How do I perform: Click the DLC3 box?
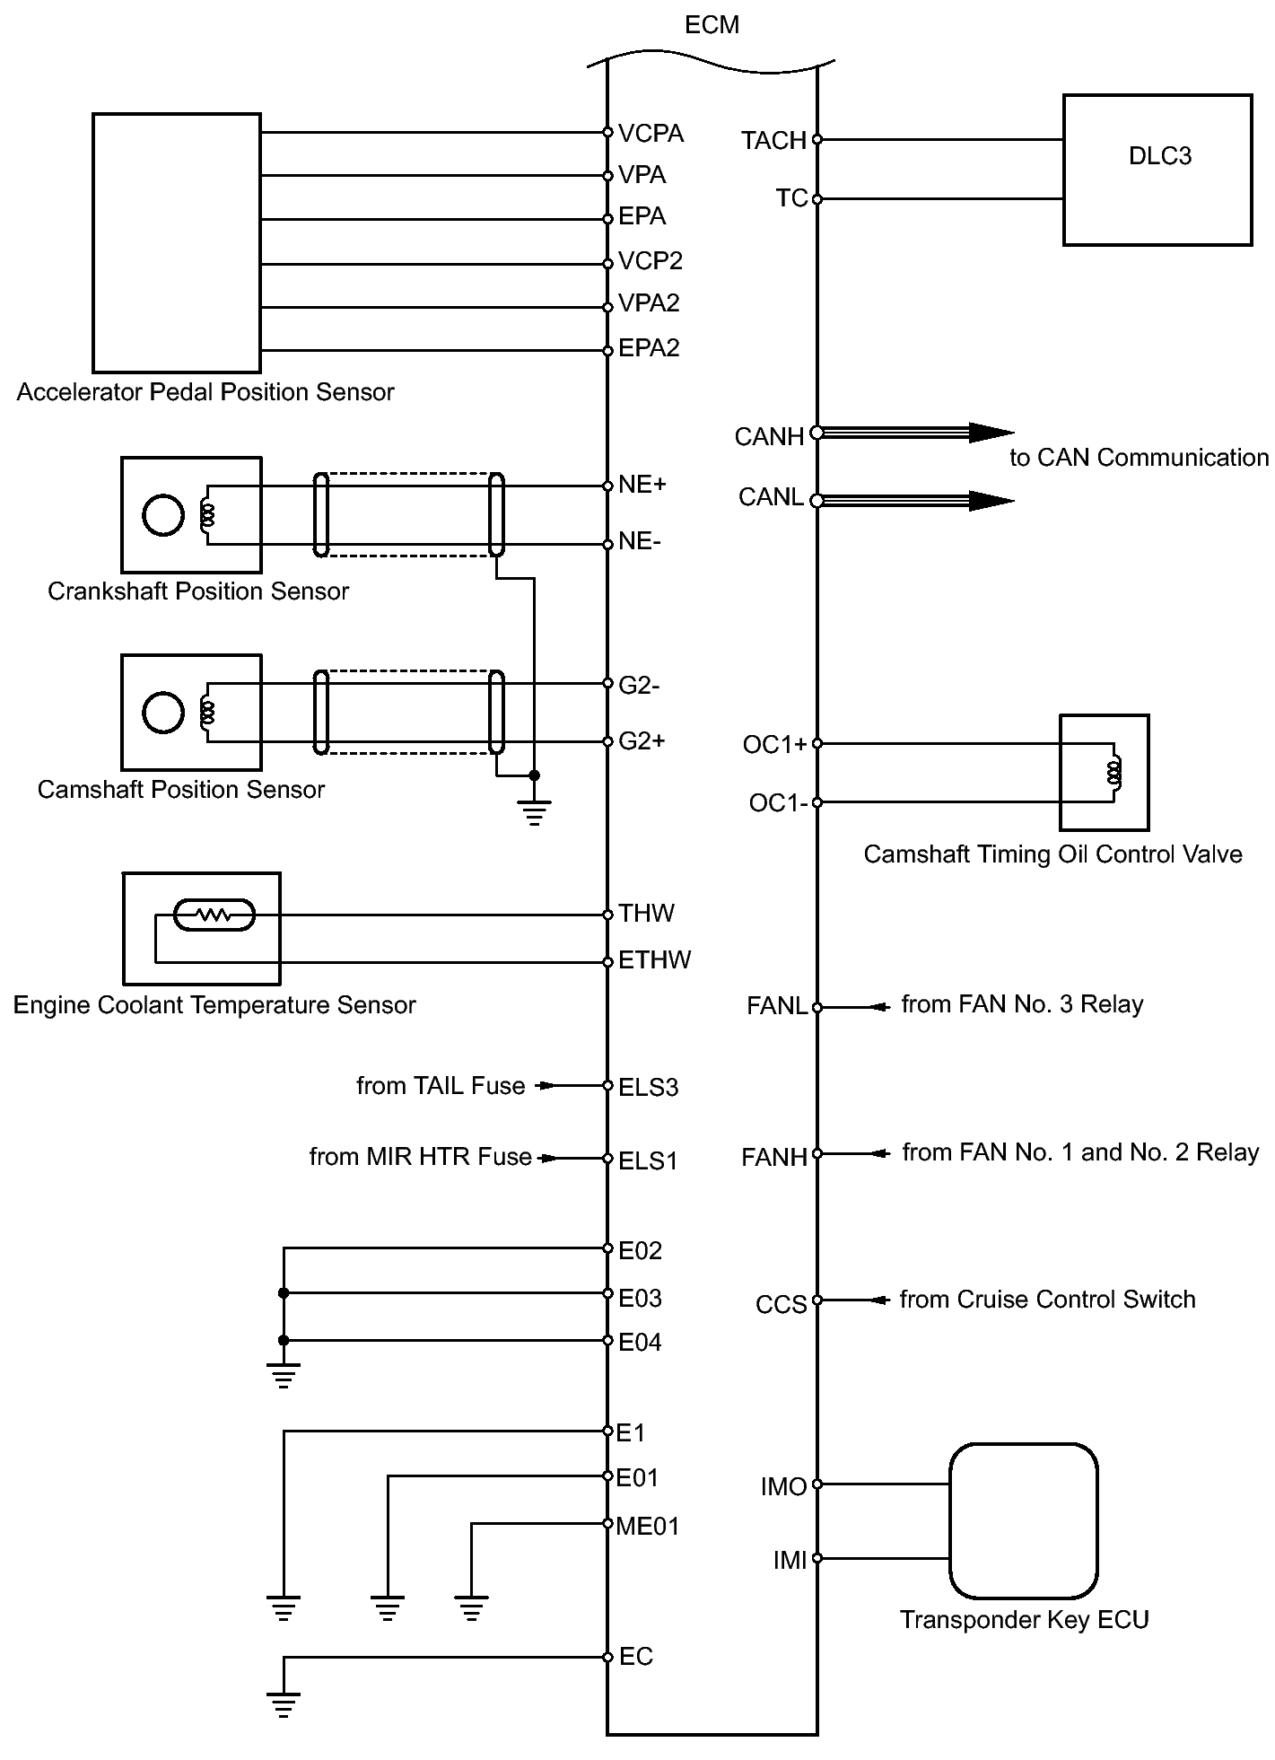click(x=1157, y=170)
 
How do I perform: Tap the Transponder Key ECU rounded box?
click(x=1024, y=1520)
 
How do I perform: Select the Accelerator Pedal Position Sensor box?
click(x=177, y=242)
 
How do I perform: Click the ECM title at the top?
click(x=712, y=25)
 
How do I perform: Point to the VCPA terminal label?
click(x=651, y=134)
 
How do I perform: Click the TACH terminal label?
click(x=773, y=141)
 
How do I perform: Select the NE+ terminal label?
click(x=642, y=485)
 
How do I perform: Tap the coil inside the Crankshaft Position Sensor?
click(x=208, y=515)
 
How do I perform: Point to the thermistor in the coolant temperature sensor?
click(x=214, y=915)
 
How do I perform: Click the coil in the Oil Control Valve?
click(x=1114, y=772)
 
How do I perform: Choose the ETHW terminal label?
click(x=654, y=960)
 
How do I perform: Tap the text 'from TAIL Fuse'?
click(x=441, y=1086)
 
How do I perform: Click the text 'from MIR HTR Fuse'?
click(x=420, y=1157)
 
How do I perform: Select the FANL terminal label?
click(x=776, y=1006)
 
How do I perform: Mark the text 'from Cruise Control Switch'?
click(x=1047, y=1300)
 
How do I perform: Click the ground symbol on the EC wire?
click(x=284, y=1703)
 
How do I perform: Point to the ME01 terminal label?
click(x=648, y=1527)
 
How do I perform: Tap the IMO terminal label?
click(x=783, y=1487)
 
